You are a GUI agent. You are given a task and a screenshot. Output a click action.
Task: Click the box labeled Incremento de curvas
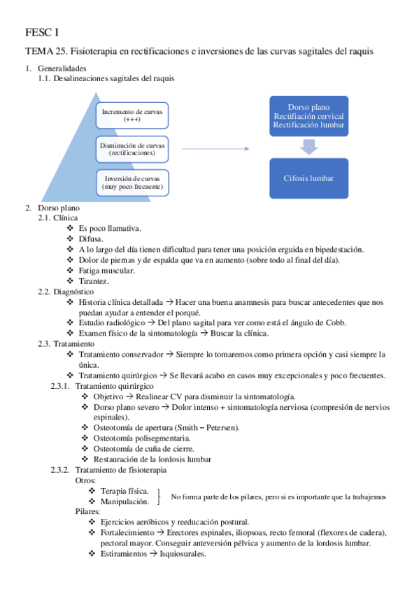point(132,115)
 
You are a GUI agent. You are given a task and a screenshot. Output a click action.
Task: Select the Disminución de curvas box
point(132,148)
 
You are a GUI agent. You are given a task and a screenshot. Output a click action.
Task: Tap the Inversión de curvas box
point(132,183)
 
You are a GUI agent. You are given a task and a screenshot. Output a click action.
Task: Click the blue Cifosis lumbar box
point(308,178)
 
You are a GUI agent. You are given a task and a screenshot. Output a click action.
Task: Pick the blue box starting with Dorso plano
point(308,115)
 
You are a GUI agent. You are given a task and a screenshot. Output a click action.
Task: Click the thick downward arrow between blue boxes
point(308,146)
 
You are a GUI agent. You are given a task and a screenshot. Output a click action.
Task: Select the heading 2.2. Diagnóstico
point(66,291)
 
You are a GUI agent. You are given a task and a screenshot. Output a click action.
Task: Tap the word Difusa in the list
point(90,238)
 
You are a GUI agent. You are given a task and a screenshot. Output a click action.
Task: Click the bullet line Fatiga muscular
point(107,270)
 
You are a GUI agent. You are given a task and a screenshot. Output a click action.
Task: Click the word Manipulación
point(125,501)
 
